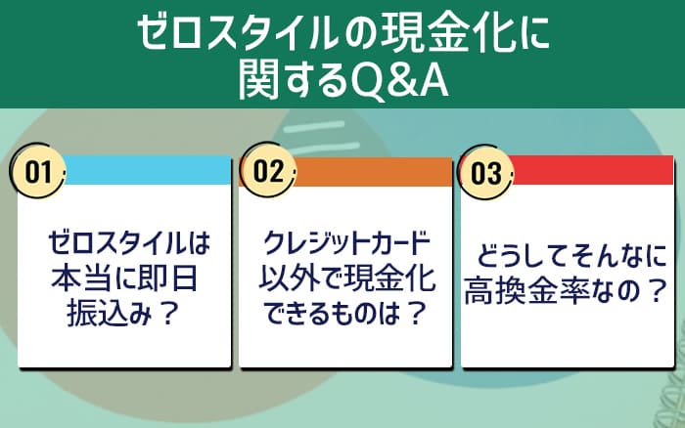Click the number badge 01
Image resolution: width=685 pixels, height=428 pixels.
38,174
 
